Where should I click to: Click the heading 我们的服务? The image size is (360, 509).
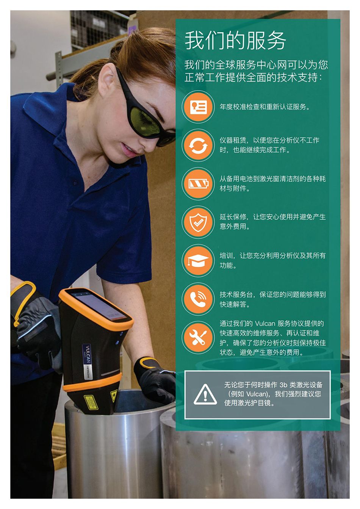235,41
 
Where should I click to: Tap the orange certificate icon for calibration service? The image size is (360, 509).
198,106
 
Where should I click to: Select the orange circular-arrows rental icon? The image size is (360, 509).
198,145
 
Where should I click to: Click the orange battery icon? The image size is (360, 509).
198,183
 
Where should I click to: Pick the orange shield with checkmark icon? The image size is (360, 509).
198,222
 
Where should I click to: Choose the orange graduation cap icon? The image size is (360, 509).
198,260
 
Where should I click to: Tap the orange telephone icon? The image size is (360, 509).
198,299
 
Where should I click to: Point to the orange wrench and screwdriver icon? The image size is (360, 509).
198,337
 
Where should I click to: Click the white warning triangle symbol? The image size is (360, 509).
205,395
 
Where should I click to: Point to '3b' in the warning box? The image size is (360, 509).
283,385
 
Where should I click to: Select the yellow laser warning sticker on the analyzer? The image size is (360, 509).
91,402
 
